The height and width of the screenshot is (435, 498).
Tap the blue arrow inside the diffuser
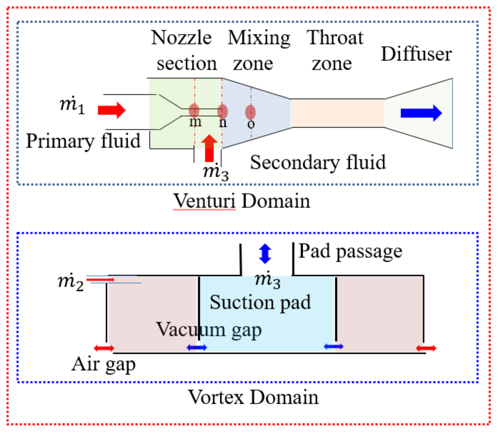point(421,113)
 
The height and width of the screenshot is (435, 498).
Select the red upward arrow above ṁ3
point(209,149)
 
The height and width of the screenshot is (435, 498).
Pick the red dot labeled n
point(222,111)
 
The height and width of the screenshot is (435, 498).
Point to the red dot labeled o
point(250,112)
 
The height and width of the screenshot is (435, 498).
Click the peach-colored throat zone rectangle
point(337,113)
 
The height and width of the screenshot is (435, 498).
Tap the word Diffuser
point(416,54)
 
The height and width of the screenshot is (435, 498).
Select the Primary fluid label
point(83,141)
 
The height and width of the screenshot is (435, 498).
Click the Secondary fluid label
point(318,163)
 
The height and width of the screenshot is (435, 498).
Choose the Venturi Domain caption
point(242,201)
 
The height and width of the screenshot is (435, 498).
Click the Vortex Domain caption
point(253,397)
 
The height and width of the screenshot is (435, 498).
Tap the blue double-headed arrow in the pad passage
point(265,254)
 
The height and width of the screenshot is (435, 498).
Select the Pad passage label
point(350,251)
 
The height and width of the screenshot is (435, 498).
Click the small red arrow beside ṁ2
point(100,280)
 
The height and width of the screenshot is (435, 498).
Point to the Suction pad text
point(260,302)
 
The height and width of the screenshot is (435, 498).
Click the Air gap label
point(104,364)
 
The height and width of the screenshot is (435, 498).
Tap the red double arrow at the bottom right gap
point(426,348)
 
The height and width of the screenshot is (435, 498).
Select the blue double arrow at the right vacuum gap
point(334,346)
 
